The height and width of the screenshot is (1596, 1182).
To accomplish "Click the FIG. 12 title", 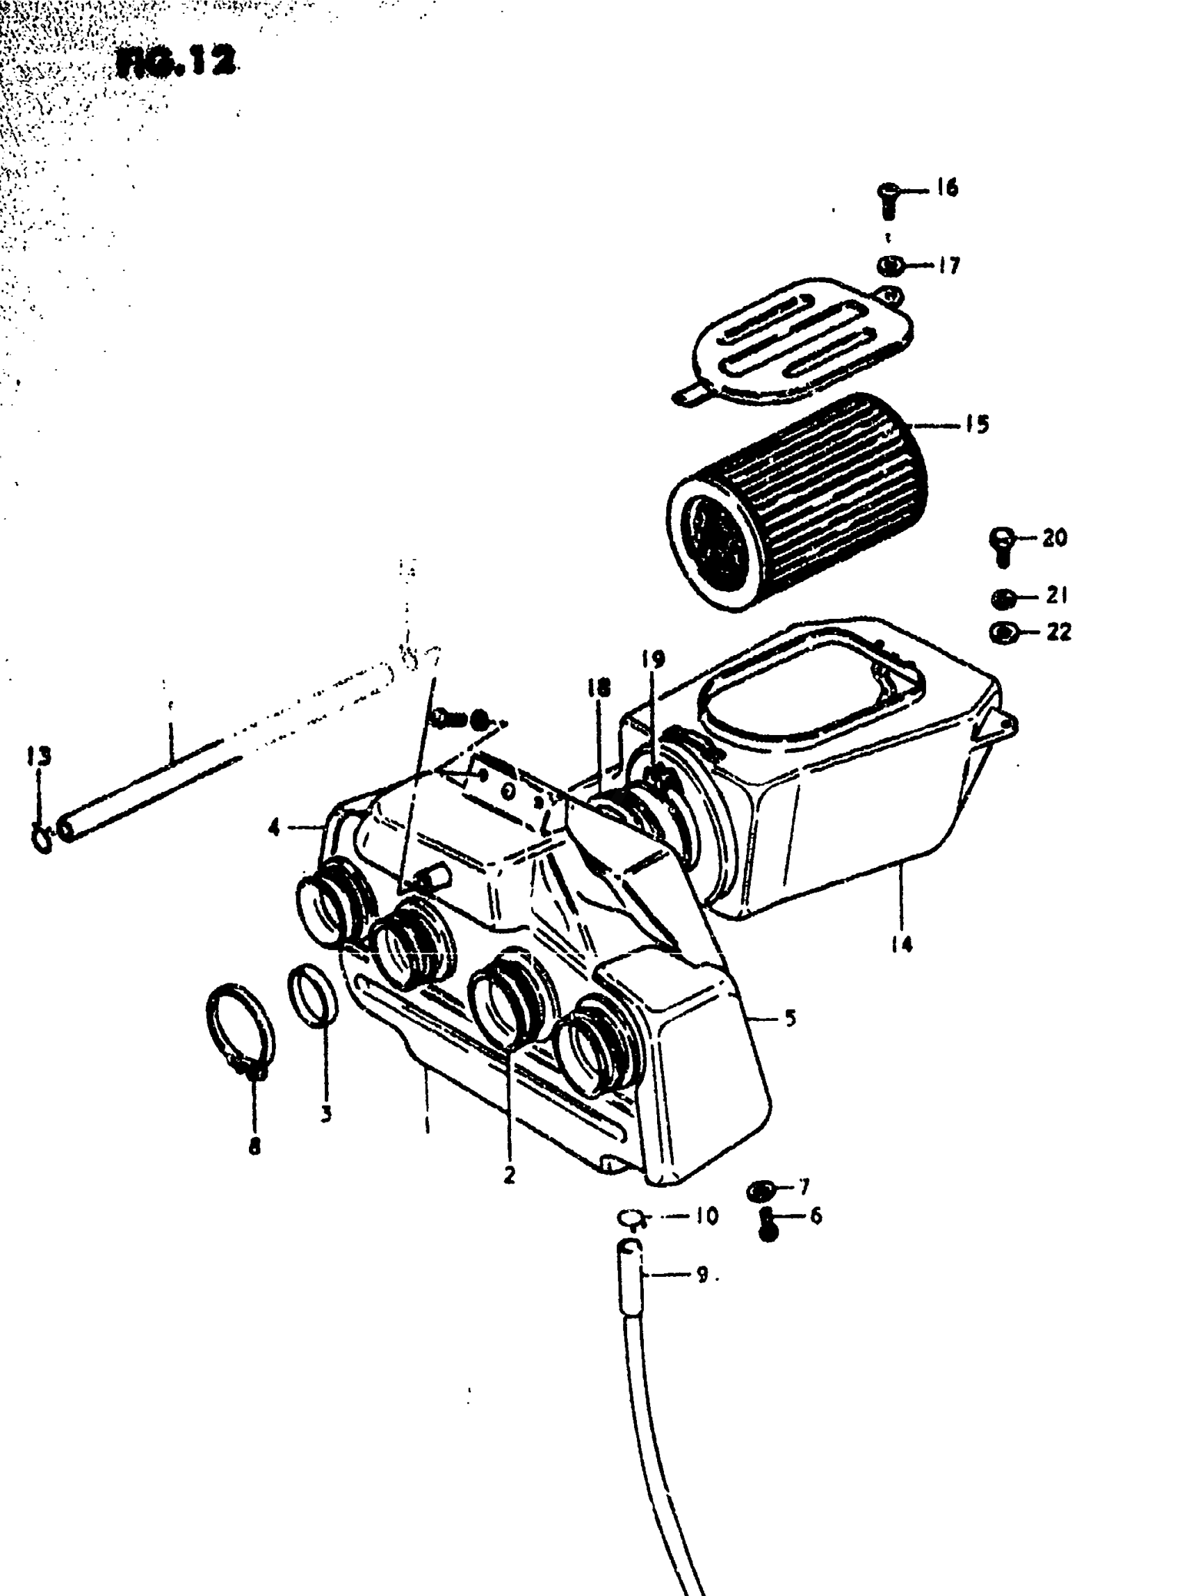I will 176,64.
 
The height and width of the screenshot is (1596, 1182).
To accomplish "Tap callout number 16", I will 946,188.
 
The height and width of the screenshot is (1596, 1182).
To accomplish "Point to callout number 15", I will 977,424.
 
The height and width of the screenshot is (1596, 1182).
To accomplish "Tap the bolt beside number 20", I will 1003,545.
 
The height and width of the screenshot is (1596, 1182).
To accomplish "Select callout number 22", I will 1058,632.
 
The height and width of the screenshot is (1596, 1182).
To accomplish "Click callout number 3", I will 326,1113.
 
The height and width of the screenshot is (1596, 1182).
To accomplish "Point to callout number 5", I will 790,1017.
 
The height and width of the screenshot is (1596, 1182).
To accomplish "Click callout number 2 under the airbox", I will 510,1175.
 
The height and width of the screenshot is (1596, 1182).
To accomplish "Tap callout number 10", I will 706,1216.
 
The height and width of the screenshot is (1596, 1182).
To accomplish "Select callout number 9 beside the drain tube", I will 703,1275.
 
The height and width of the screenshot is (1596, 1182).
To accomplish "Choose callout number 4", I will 274,830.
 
